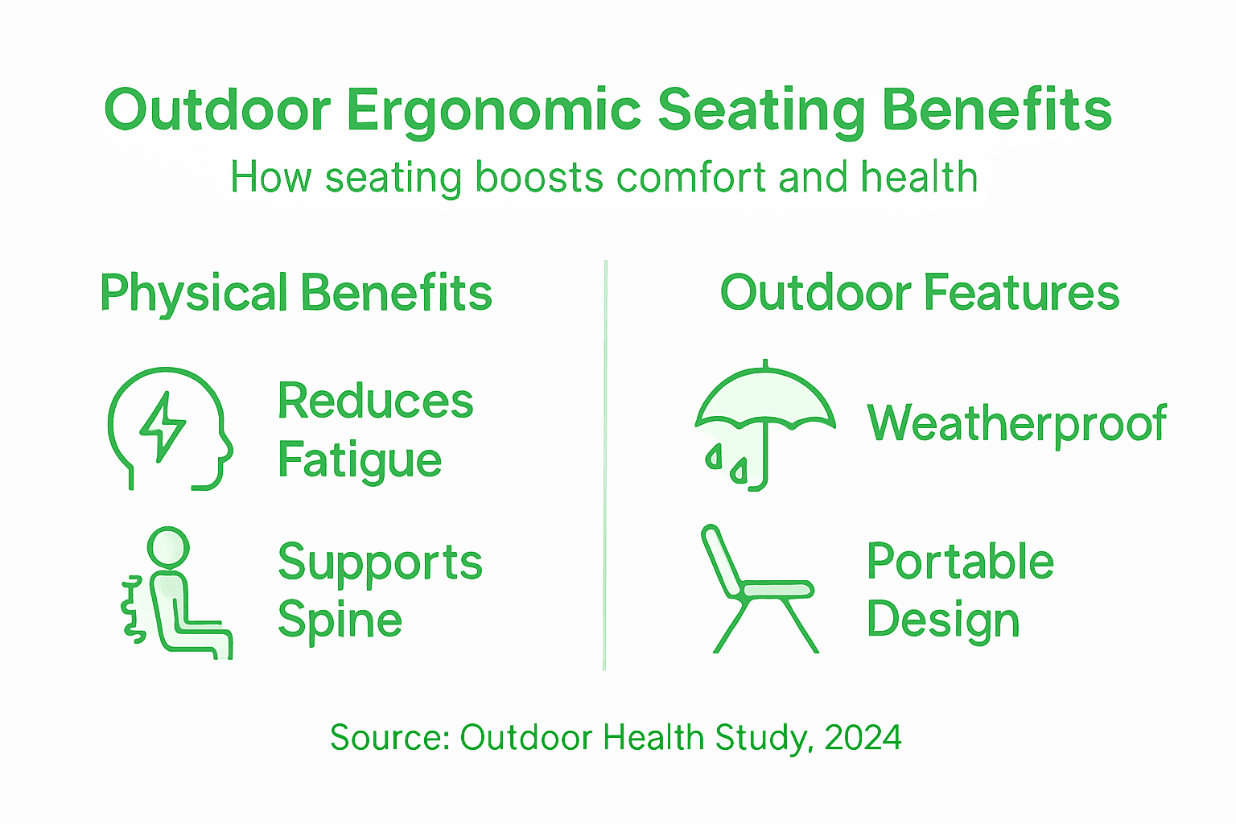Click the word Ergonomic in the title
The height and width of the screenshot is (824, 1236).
click(493, 110)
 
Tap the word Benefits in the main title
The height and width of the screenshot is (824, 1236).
click(997, 110)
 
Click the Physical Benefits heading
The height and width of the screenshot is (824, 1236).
click(295, 293)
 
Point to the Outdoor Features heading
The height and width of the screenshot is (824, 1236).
click(919, 293)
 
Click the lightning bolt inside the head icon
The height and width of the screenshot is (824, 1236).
click(163, 426)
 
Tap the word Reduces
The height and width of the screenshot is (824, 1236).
click(375, 401)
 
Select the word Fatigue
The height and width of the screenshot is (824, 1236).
click(359, 460)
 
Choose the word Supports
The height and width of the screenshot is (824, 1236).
click(380, 562)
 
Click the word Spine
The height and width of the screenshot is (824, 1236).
click(340, 620)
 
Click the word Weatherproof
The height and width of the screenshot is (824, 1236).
click(1016, 423)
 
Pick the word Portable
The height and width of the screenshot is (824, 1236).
click(960, 562)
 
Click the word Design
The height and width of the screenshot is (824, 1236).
click(943, 620)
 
